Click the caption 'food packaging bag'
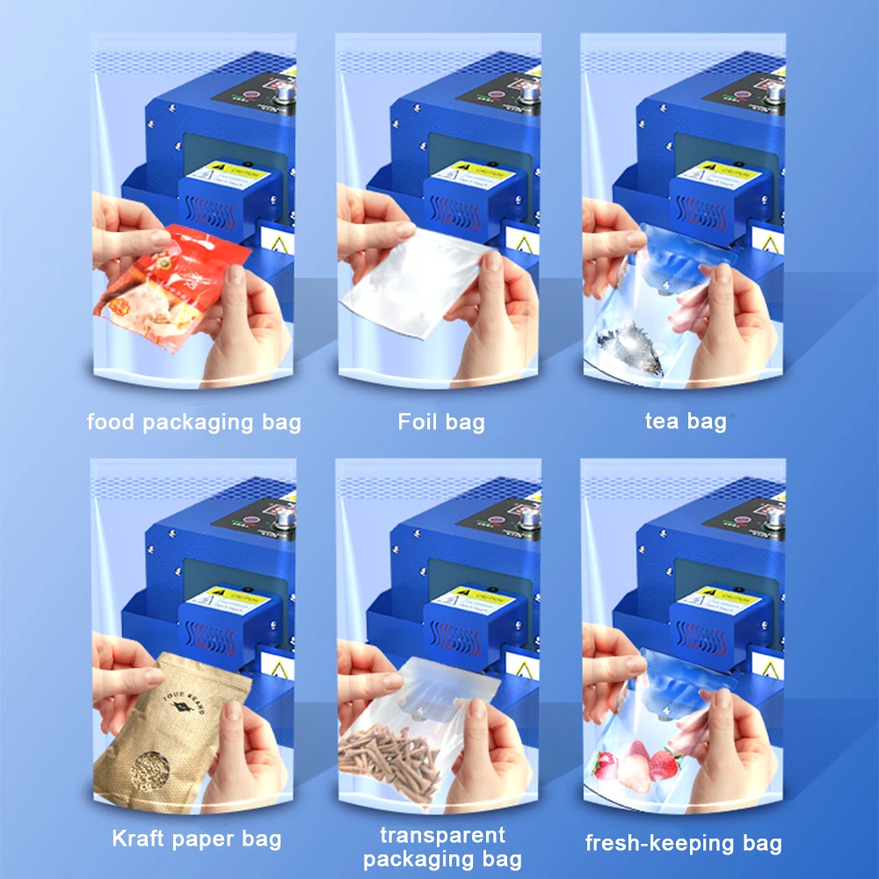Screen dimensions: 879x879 click(x=193, y=422)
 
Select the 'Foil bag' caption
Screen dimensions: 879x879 click(x=440, y=422)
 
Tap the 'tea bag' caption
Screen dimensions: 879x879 click(x=686, y=421)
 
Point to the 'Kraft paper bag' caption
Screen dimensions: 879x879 click(x=197, y=838)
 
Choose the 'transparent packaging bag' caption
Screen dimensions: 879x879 click(x=442, y=846)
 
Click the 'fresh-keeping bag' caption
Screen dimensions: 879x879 click(x=684, y=844)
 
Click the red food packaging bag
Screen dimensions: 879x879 click(x=163, y=281)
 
